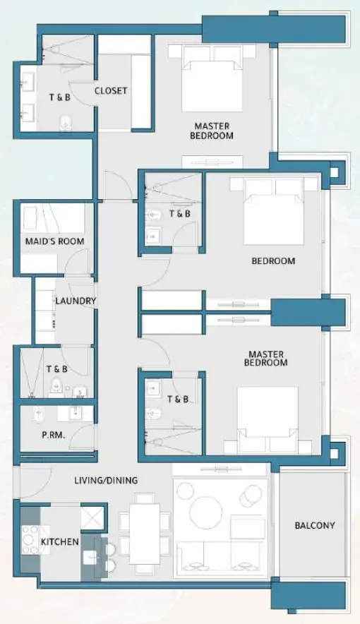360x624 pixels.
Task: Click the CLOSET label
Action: click(x=111, y=90)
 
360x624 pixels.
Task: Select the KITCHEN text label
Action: click(x=59, y=541)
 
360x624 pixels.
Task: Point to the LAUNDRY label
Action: click(x=75, y=301)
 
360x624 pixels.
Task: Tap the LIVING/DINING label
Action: click(x=106, y=481)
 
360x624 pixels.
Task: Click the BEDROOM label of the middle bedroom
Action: click(x=273, y=261)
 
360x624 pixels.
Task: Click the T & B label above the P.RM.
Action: click(x=56, y=369)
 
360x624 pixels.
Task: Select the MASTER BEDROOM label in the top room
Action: click(x=211, y=131)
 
